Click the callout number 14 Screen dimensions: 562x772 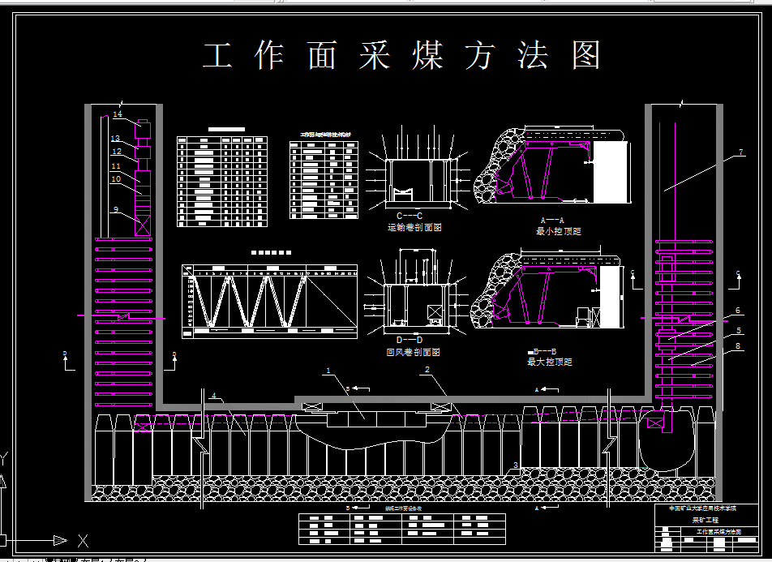tap(117, 114)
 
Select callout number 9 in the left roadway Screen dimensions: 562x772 tap(116, 209)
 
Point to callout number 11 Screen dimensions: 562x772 tap(116, 166)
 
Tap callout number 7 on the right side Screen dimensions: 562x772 tap(740, 152)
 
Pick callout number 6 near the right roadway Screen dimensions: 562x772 tap(738, 311)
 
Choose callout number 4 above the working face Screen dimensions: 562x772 tap(214, 395)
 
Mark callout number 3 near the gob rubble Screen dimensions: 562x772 tap(515, 465)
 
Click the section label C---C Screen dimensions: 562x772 tap(410, 215)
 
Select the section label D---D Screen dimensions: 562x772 tap(410, 339)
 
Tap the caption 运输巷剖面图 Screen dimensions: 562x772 tap(414, 228)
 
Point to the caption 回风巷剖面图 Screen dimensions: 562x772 tap(414, 353)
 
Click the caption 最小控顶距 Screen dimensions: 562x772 tap(559, 231)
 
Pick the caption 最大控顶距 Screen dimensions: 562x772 tap(550, 362)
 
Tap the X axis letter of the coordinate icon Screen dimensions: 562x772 tap(82, 539)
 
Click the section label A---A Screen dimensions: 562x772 tap(551, 220)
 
